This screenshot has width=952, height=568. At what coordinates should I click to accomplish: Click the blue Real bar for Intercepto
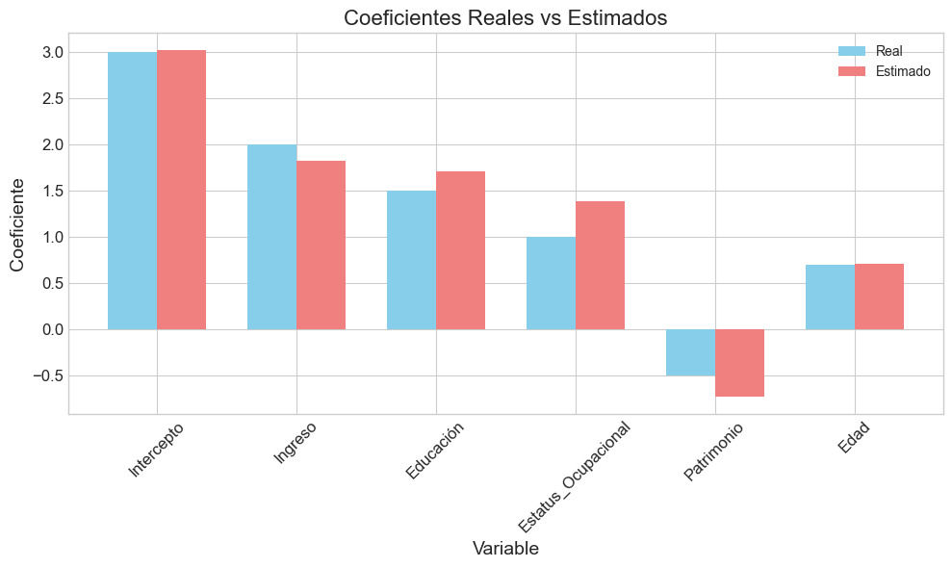pos(132,191)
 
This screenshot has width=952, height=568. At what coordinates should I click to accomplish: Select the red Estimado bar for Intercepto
pos(181,190)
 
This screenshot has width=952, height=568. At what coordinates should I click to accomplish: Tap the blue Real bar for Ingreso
pos(271,237)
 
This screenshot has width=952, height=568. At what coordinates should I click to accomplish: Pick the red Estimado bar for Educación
pos(460,250)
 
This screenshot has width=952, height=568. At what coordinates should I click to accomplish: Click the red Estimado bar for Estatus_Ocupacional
pos(600,265)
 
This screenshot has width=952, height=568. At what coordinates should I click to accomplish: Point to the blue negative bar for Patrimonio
pos(690,352)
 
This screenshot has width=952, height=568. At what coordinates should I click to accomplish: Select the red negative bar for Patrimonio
pos(739,363)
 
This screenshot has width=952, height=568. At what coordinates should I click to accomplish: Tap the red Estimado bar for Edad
pos(879,297)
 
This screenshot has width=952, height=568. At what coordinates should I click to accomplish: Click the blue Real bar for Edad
pos(830,297)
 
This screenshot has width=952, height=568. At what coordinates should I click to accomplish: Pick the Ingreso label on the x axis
pos(295,443)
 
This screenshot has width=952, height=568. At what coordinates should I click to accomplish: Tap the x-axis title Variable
pos(505,549)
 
